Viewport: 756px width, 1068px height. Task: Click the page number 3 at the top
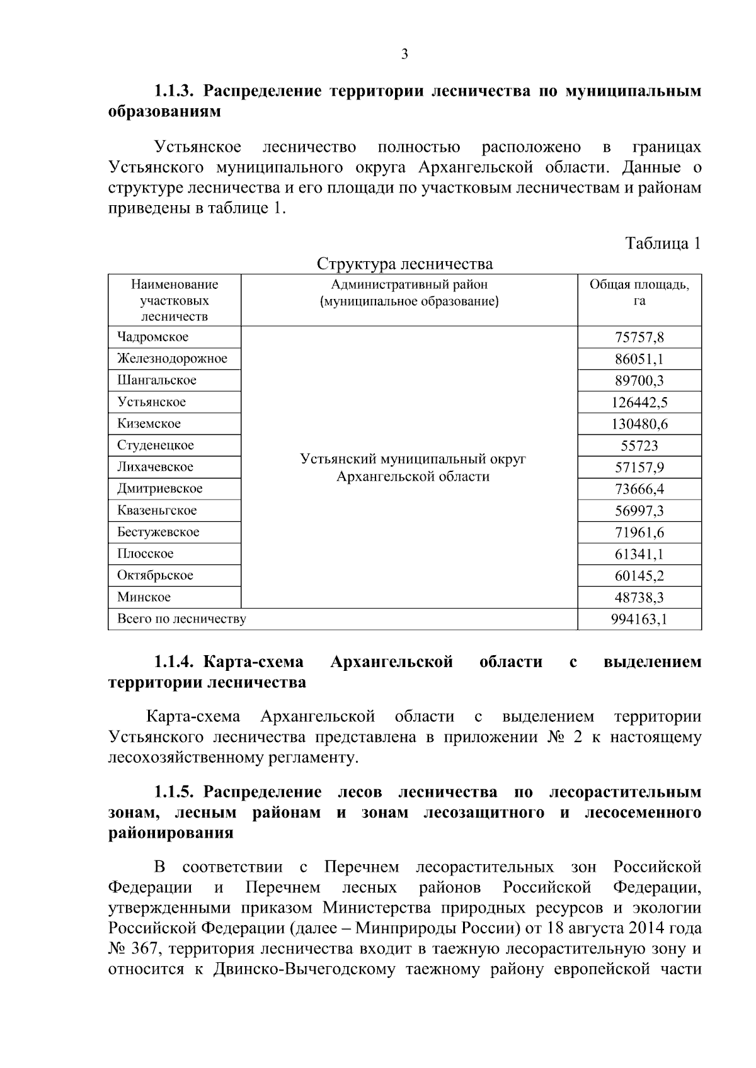click(x=404, y=54)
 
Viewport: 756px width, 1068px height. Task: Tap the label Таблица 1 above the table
click(x=663, y=244)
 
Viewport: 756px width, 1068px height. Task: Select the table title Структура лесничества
click(x=404, y=263)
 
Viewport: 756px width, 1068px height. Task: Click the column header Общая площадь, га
click(x=639, y=293)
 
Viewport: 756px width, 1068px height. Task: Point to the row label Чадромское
click(x=153, y=337)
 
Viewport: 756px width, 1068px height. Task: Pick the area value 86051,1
click(x=639, y=359)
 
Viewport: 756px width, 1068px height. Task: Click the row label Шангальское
click(x=157, y=380)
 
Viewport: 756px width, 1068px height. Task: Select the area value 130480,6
click(x=639, y=424)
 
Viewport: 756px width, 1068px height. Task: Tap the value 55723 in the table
click(x=639, y=446)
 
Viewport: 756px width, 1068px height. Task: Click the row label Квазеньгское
click(x=157, y=510)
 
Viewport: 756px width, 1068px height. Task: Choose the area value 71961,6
click(x=639, y=532)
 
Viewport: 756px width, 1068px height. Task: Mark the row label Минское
click(x=144, y=597)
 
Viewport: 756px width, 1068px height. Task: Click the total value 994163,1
click(x=639, y=619)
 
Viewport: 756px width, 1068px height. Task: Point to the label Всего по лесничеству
click(x=181, y=619)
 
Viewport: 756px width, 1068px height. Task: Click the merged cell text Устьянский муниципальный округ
click(x=413, y=459)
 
